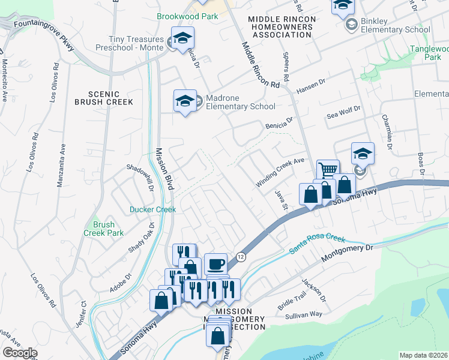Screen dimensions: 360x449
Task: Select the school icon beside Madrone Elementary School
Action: pos(185,101)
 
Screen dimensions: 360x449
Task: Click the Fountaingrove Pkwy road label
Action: pos(37,34)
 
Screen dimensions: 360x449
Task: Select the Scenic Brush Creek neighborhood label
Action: pos(104,98)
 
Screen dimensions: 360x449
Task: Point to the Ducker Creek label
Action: pos(153,209)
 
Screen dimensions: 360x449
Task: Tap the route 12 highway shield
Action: pos(241,256)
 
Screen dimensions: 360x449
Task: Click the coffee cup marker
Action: pos(215,264)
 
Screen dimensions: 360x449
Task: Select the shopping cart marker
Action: pos(328,170)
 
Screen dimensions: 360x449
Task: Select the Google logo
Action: pos(20,353)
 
